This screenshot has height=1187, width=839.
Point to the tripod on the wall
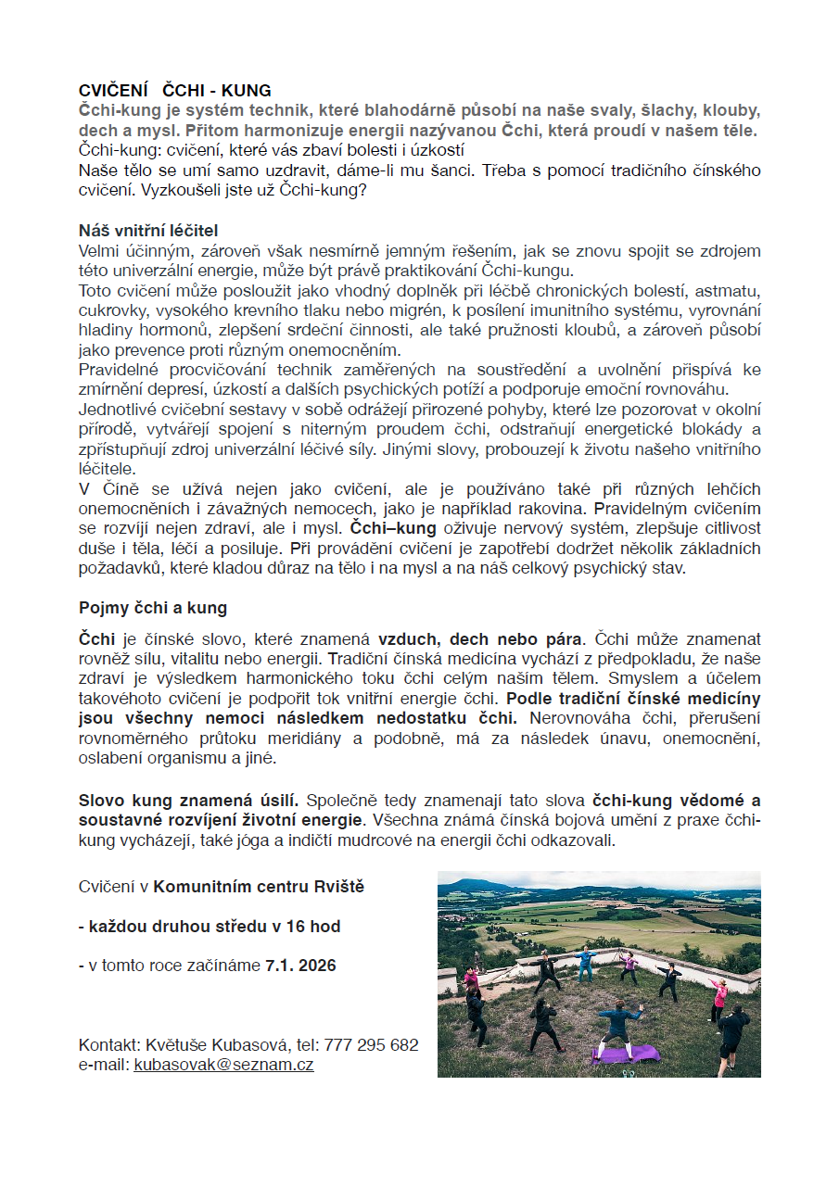click(477, 949)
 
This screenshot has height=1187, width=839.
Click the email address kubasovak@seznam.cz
click(223, 1065)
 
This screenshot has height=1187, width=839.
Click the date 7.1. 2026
click(300, 966)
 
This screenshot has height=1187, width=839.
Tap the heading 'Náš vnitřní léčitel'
click(148, 230)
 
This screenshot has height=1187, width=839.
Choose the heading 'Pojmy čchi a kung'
click(153, 609)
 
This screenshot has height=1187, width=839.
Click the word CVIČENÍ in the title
click(114, 91)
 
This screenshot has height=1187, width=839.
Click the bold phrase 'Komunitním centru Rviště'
click(259, 887)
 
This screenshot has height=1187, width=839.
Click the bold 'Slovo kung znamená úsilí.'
click(188, 800)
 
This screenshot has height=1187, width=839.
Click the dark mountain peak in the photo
click(489, 885)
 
